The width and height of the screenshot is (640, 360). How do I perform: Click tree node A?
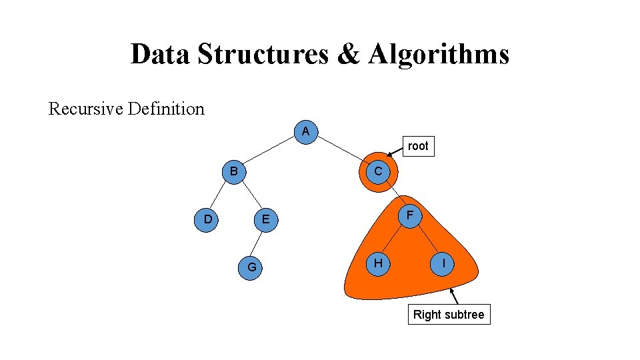305,131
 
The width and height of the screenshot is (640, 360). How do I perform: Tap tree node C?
378,172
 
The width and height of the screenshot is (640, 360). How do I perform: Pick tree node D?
208,219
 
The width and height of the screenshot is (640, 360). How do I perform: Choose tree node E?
265,219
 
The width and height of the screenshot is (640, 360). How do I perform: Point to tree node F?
411,215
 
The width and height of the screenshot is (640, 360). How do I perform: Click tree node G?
251,267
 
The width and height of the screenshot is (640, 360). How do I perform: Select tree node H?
378,263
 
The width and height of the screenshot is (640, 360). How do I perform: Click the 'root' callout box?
418,146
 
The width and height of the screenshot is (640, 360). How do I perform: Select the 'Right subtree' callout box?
449,315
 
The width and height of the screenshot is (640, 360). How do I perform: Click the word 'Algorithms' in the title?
438,54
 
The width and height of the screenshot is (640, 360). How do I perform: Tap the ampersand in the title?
348,54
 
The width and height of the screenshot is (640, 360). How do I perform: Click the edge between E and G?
259,243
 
